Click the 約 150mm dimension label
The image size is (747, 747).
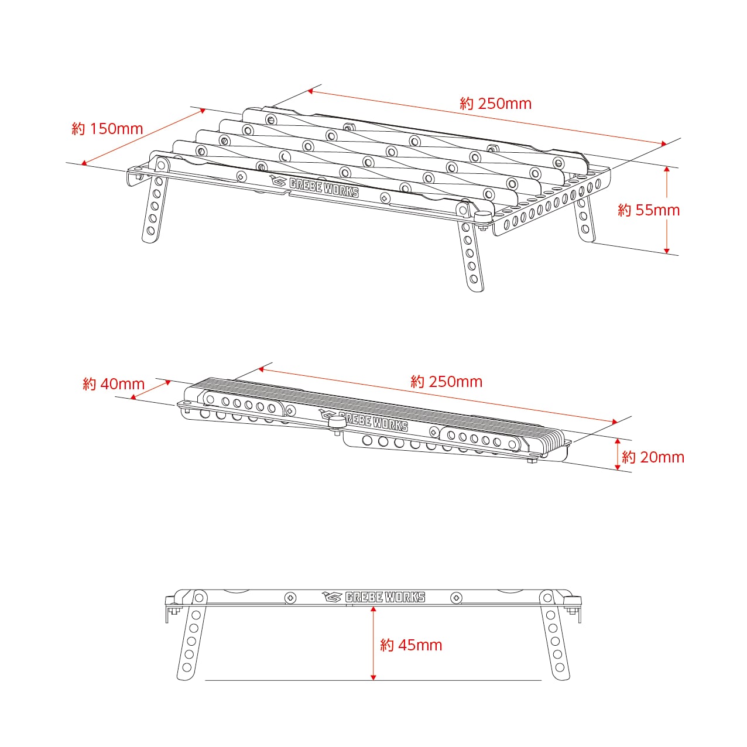pyautogui.click(x=107, y=129)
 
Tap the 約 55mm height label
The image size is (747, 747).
pyautogui.click(x=649, y=210)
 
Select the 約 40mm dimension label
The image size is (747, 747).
pyautogui.click(x=114, y=384)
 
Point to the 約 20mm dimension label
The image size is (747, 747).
pyautogui.click(x=653, y=457)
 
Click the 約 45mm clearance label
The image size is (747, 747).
pyautogui.click(x=411, y=645)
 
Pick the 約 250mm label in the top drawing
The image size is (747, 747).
pyautogui.click(x=496, y=104)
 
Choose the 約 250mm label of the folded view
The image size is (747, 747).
pyautogui.click(x=447, y=382)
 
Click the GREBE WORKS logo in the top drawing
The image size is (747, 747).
pyautogui.click(x=314, y=187)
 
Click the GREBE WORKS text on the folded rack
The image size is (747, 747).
pyautogui.click(x=373, y=422)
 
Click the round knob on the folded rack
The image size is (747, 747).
pyautogui.click(x=337, y=423)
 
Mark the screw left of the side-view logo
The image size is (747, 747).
pyautogui.click(x=290, y=598)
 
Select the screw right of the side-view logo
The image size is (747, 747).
pyautogui.click(x=456, y=598)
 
